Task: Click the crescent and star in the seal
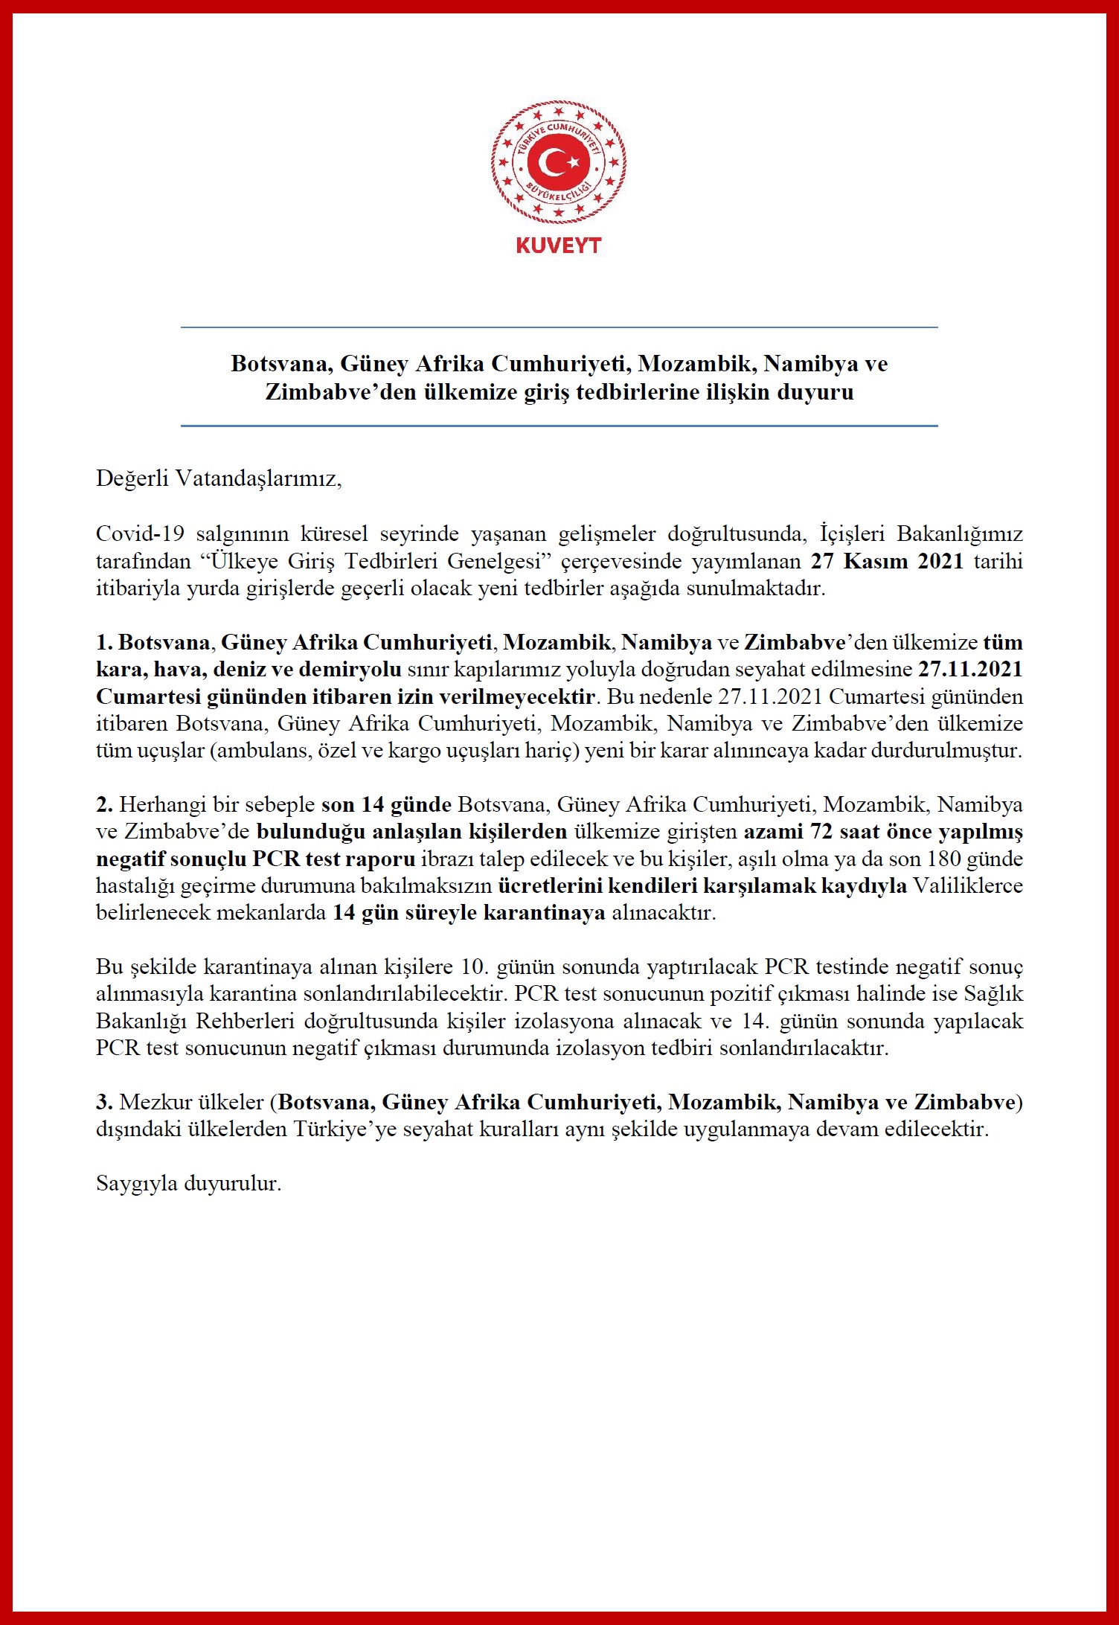(558, 162)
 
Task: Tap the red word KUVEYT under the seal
(558, 246)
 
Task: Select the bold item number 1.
(103, 642)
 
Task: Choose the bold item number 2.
(104, 804)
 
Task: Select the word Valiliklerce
(968, 886)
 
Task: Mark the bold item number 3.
(104, 1102)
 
